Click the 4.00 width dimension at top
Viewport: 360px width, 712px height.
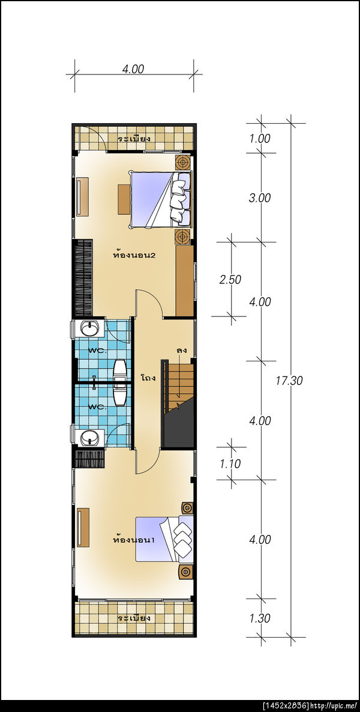pos(133,69)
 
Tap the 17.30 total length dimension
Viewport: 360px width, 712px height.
pos(289,381)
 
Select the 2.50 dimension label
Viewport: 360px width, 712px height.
pos(230,280)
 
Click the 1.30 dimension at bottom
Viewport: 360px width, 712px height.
pos(260,618)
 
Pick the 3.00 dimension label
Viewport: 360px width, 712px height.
pos(260,198)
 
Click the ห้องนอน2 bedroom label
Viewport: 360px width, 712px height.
pos(134,255)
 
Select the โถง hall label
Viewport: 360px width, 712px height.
pos(148,378)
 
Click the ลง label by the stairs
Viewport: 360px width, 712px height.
pos(182,351)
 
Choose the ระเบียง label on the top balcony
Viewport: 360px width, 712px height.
pos(134,139)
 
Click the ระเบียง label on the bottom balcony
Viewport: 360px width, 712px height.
pos(134,618)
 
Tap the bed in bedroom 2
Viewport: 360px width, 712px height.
pos(160,199)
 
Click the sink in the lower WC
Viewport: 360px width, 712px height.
pos(89,438)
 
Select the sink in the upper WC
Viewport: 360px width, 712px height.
pos(92,327)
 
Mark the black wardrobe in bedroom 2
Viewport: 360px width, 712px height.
pos(83,277)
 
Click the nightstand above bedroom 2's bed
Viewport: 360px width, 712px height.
pos(183,161)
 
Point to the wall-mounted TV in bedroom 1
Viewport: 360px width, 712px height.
pos(83,528)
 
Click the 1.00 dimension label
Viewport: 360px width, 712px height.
pos(260,139)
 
